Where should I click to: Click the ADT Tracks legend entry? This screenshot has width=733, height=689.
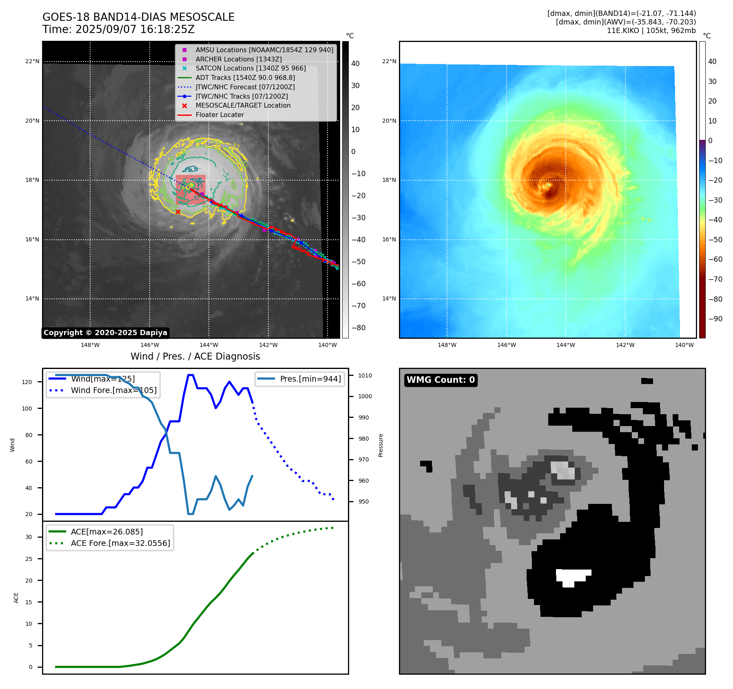(x=245, y=77)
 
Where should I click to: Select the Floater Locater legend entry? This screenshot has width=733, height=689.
(x=219, y=115)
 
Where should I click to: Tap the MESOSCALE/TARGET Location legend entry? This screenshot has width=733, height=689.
(x=243, y=106)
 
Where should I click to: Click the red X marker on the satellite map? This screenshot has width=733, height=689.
(x=178, y=212)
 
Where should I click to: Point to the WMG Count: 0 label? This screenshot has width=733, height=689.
(x=441, y=380)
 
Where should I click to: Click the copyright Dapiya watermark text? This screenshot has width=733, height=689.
(x=105, y=333)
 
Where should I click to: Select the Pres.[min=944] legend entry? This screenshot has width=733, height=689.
(x=310, y=379)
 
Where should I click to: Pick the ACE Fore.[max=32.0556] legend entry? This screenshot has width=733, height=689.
(x=120, y=543)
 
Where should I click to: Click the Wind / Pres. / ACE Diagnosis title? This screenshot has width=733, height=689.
(x=195, y=356)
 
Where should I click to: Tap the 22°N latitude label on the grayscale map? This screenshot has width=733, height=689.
(x=33, y=62)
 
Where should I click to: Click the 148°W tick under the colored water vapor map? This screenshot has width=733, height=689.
(x=447, y=345)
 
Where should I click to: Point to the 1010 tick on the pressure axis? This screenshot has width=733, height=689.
(x=365, y=375)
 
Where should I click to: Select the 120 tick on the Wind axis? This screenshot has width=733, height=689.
(x=27, y=382)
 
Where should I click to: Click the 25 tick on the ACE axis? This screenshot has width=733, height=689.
(x=29, y=559)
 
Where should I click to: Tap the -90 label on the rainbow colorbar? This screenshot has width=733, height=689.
(x=715, y=319)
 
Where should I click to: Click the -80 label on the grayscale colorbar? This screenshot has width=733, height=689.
(x=359, y=328)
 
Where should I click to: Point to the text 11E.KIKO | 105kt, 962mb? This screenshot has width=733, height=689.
(x=651, y=31)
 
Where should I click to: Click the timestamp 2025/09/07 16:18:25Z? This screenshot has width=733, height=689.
(x=135, y=30)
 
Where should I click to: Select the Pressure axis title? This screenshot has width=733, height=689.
(x=381, y=445)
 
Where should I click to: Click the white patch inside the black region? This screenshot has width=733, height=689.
(x=573, y=576)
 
